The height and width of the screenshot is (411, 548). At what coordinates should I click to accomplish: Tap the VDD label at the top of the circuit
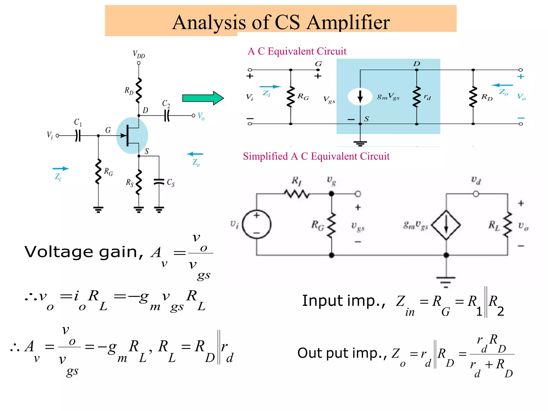139,55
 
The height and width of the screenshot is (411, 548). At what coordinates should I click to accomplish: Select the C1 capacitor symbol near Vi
78,136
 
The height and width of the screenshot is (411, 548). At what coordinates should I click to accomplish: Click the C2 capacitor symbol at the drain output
167,116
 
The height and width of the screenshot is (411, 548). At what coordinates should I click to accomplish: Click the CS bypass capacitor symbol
159,182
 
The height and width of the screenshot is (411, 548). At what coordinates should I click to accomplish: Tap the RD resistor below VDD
138,90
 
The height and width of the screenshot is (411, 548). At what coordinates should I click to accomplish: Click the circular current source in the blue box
360,97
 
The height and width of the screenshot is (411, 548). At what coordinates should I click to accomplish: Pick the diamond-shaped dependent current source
446,225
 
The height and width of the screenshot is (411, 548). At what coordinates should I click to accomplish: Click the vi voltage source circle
257,224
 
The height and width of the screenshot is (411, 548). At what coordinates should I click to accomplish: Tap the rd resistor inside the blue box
417,97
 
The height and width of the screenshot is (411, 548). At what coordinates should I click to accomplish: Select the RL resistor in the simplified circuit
507,225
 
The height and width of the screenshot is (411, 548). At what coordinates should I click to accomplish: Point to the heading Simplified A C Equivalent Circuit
316,156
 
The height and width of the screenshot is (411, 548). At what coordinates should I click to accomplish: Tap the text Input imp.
344,301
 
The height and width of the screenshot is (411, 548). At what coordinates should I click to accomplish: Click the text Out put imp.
342,353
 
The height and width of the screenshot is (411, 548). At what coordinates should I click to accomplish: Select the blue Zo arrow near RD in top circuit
502,85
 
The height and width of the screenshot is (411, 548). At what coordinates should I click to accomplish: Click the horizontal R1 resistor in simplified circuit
296,193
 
